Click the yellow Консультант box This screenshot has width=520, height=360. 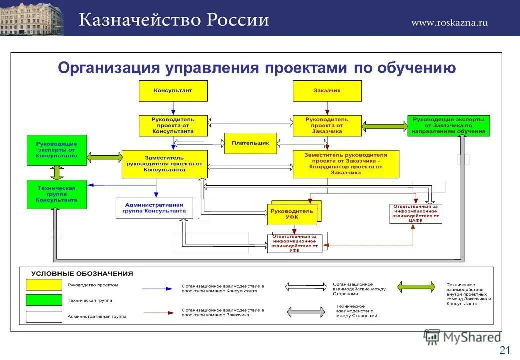(x=173, y=91)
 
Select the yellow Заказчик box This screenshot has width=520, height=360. (x=327, y=91)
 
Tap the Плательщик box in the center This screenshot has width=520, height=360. (x=250, y=143)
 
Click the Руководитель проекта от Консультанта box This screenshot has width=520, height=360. (x=173, y=126)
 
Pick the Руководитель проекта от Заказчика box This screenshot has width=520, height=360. (x=327, y=126)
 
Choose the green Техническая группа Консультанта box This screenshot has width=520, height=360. (x=56, y=194)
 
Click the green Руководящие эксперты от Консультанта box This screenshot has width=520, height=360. (x=56, y=150)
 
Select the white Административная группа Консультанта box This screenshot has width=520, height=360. (x=154, y=208)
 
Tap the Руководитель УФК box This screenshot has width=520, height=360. (x=292, y=214)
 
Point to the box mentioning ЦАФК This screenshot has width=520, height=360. (x=416, y=213)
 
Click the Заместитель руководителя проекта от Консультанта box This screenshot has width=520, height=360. (x=164, y=164)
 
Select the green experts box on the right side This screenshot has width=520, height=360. (x=448, y=126)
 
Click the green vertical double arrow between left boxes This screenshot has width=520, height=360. (x=57, y=173)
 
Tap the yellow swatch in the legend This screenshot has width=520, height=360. (x=44, y=285)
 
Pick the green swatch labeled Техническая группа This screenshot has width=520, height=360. (x=44, y=301)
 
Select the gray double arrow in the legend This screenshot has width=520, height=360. (x=304, y=311)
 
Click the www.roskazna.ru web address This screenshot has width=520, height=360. (x=449, y=22)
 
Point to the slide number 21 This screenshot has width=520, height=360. (x=504, y=349)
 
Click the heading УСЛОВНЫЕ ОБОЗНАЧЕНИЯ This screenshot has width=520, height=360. (x=82, y=274)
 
